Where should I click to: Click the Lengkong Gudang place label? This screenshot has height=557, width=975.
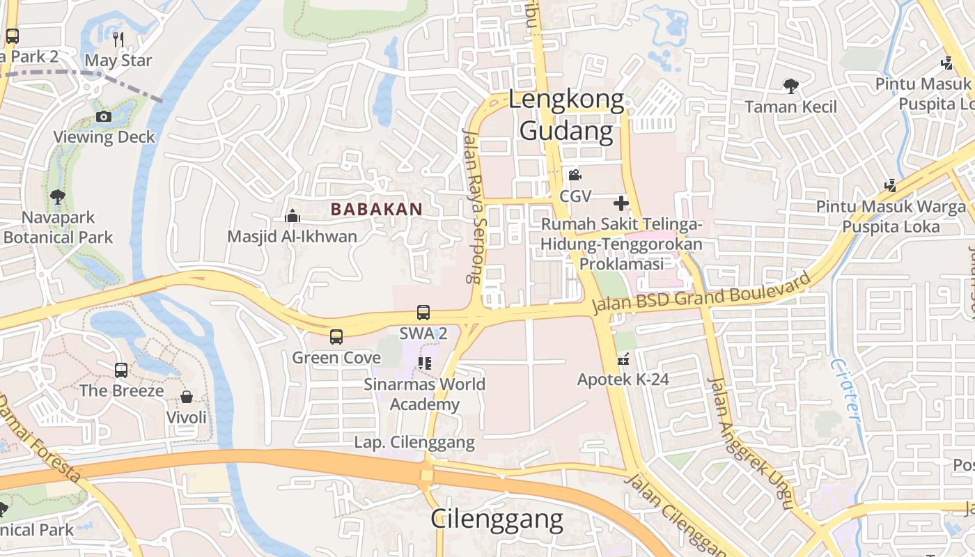566,115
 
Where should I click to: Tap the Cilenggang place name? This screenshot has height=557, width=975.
497,519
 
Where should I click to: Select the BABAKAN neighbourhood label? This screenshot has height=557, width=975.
377,209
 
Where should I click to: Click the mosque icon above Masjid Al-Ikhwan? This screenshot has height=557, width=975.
292,217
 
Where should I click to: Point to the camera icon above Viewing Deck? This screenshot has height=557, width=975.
104,116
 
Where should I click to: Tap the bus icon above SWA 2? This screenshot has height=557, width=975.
423,313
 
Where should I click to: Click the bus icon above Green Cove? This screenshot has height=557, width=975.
336,337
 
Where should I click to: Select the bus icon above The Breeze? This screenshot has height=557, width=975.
121,370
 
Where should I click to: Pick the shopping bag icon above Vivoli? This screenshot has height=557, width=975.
187,397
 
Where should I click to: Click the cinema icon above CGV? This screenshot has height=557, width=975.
575,175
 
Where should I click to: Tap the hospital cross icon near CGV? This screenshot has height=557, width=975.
621,203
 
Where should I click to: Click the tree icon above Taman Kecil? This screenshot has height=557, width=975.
790,86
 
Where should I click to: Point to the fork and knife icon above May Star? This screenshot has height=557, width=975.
118,39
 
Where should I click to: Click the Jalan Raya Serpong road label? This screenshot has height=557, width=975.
472,205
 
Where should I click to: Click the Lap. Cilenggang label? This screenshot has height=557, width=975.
414,442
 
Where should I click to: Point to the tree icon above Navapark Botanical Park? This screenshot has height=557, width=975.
58,196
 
